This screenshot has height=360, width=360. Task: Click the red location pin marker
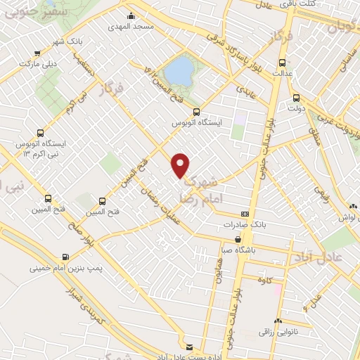tap(181, 165)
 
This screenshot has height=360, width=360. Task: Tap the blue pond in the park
tap(179, 70)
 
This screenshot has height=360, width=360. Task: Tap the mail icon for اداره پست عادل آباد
tap(188, 346)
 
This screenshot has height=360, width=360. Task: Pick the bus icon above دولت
tap(295, 98)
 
